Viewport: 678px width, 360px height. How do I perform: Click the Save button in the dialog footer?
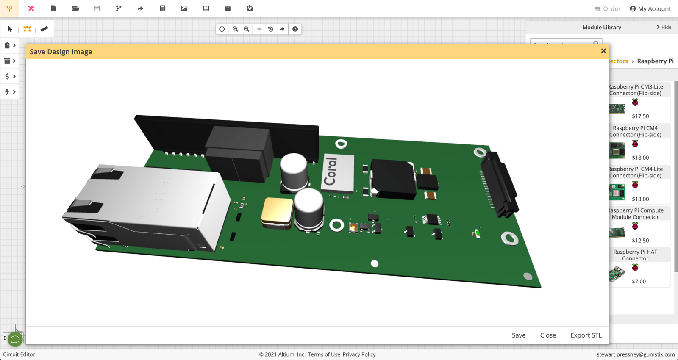coord(518,335)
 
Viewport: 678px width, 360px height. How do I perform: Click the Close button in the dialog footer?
coord(548,335)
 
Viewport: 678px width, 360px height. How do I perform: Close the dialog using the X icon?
coord(603,51)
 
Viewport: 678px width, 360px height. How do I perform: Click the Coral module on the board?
coord(338,173)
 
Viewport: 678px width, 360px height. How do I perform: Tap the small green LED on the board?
coord(478,233)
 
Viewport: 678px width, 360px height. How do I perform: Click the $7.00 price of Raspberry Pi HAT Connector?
coord(639,281)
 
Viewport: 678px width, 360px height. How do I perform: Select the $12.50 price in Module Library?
coord(640,240)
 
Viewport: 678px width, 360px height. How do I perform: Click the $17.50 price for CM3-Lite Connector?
coord(640,116)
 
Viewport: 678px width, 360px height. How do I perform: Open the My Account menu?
coord(650,8)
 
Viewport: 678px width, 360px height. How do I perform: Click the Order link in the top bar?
coord(608,8)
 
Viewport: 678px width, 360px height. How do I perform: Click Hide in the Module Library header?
coord(664,27)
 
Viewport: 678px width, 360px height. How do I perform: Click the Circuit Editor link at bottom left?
coord(19,354)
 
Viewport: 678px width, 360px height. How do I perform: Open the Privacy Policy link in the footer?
coord(359,354)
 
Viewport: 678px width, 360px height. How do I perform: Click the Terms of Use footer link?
coord(324,354)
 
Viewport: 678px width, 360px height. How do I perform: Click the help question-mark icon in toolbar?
coord(295,29)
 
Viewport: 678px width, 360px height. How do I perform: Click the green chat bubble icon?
coord(15,339)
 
